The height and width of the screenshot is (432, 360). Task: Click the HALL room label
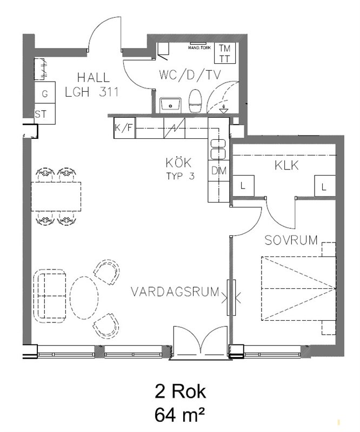pyautogui.click(x=94, y=78)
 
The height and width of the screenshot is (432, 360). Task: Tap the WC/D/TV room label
pyautogui.click(x=190, y=75)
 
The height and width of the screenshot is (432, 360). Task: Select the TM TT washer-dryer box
pyautogui.click(x=225, y=53)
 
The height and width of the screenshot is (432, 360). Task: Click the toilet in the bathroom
pyautogui.click(x=195, y=101)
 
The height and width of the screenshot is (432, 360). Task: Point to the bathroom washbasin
pyautogui.click(x=170, y=105)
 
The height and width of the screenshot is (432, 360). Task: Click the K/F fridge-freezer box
pyautogui.click(x=124, y=128)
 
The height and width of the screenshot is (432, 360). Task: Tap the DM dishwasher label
pyautogui.click(x=219, y=171)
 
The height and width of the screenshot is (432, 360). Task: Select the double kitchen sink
pyautogui.click(x=218, y=149)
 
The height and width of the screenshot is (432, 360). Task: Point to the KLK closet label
pyautogui.click(x=286, y=166)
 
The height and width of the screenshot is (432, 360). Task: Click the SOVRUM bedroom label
pyautogui.click(x=291, y=240)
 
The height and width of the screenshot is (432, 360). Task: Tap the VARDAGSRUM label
pyautogui.click(x=175, y=292)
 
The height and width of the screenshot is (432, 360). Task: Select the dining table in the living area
pyautogui.click(x=56, y=197)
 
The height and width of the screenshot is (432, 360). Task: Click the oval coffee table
pyautogui.click(x=84, y=298)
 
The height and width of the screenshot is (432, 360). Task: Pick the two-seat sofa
pyautogui.click(x=50, y=296)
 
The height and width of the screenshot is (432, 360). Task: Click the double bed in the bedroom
pyautogui.click(x=299, y=288)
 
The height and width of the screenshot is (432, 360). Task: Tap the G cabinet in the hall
pyautogui.click(x=45, y=92)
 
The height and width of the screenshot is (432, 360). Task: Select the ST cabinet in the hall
pyautogui.click(x=45, y=114)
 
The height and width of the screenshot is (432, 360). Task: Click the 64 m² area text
pyautogui.click(x=180, y=415)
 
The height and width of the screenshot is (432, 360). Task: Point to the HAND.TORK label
pyautogui.click(x=199, y=48)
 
